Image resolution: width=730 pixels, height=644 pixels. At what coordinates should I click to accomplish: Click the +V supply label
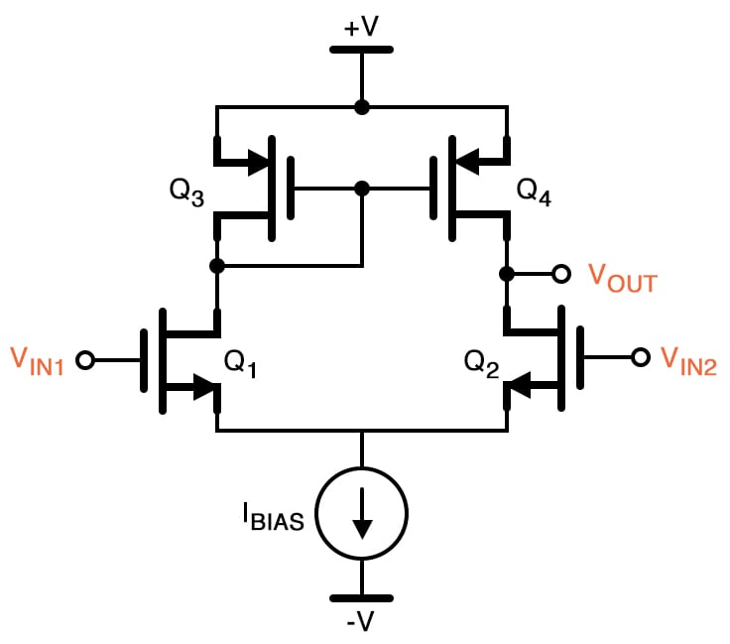point(361,27)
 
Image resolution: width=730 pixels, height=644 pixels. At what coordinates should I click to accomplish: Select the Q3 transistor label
point(187,192)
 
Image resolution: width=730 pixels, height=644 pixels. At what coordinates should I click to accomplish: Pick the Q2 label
point(482,364)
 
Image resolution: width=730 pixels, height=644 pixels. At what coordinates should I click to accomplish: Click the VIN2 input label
point(690,360)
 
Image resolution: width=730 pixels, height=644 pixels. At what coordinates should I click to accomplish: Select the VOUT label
point(622,279)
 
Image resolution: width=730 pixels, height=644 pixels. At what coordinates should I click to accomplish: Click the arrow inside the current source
point(362,516)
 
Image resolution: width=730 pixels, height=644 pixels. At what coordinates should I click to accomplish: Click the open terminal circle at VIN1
point(85,360)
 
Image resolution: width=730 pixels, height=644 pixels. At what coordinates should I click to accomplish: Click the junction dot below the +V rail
point(362,107)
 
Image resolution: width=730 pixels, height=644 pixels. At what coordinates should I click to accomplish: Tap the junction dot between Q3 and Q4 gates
point(362,188)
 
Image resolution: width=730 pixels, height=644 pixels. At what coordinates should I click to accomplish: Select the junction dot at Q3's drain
point(217,266)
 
